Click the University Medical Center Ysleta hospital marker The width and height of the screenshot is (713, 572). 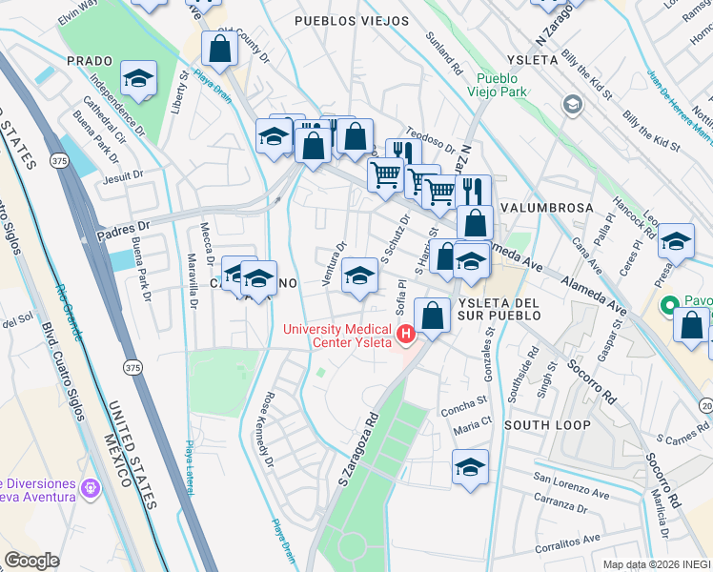click(x=407, y=333)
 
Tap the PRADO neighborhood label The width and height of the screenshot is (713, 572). click(x=90, y=60)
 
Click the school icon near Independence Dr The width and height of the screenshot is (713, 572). click(x=138, y=79)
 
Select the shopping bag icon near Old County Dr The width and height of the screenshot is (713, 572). click(x=220, y=50)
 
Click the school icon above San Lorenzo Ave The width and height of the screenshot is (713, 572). click(x=470, y=468)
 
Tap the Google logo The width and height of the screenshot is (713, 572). click(x=31, y=561)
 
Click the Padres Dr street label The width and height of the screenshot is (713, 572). click(x=124, y=227)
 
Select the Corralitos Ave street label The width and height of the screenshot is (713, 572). click(x=565, y=539)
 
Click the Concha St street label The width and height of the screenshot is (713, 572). click(x=463, y=400)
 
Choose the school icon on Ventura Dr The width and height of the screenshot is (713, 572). click(x=357, y=276)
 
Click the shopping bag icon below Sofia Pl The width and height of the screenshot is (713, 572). click(x=433, y=315)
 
